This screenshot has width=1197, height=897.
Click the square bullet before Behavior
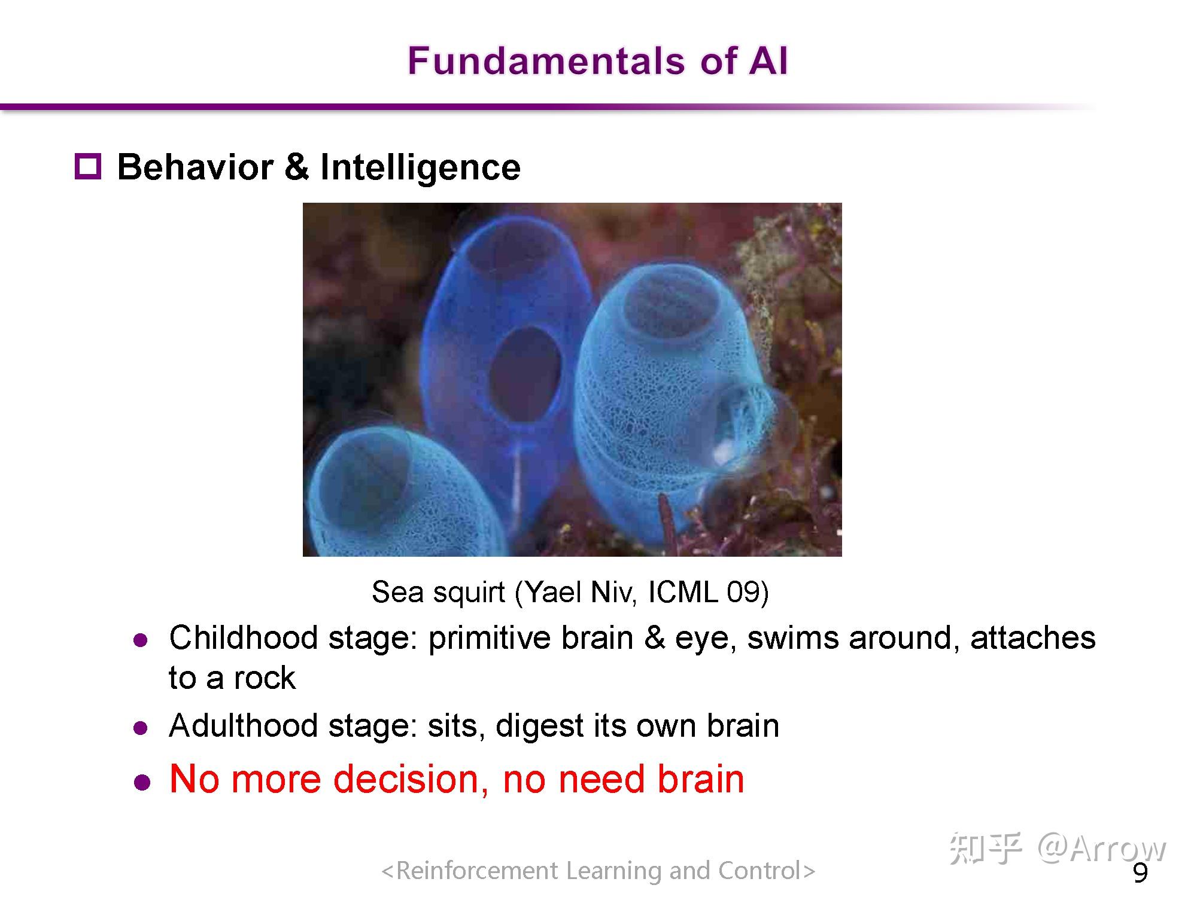coord(88,166)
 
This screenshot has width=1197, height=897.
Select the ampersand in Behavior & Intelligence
coord(296,167)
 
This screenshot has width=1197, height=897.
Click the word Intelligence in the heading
coord(420,168)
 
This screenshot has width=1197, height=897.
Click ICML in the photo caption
coord(683,592)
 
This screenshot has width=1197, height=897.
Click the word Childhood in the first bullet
coord(243,637)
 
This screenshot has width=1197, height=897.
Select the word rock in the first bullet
coord(265,678)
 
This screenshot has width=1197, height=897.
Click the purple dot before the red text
coord(142,782)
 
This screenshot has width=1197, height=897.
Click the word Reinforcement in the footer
coord(477,871)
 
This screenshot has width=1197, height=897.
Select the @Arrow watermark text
coord(1102,848)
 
